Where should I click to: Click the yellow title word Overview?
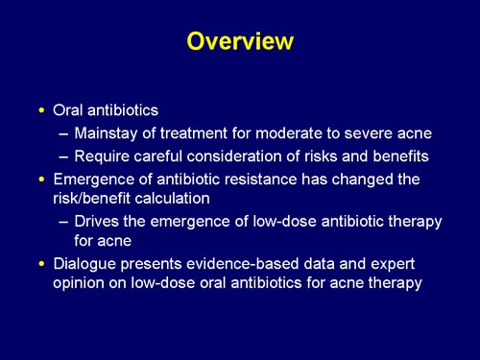[239, 42]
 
